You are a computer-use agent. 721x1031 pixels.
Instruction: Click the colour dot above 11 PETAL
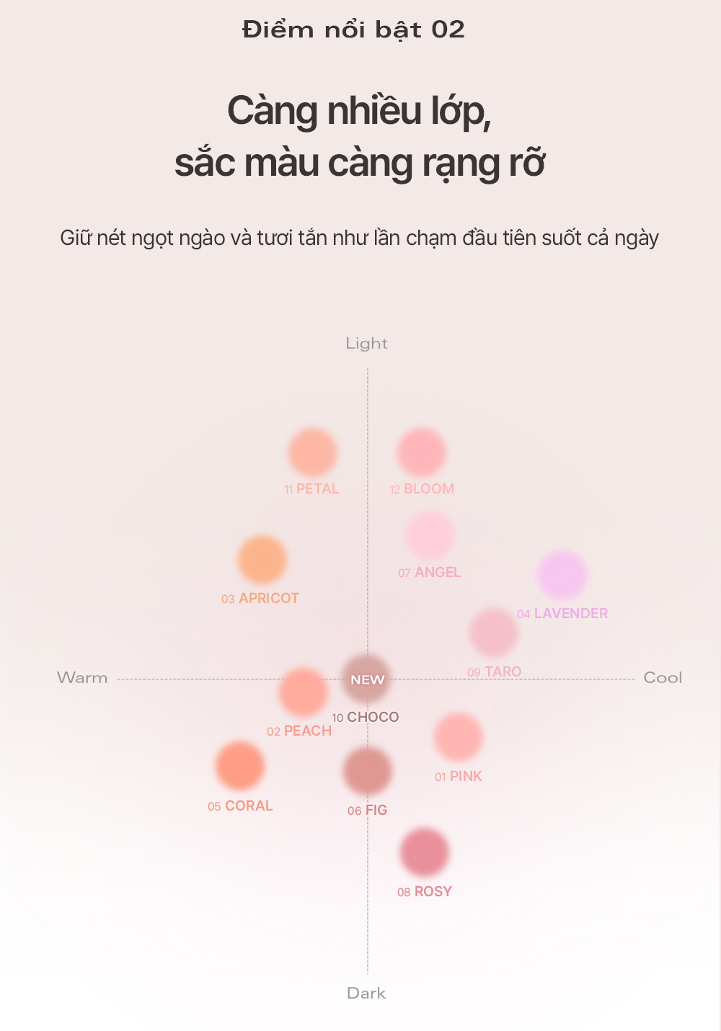tap(312, 452)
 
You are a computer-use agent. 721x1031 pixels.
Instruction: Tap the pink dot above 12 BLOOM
tap(421, 452)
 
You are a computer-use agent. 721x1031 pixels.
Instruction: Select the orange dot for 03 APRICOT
tap(262, 560)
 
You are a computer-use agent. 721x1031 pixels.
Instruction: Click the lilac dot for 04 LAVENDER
tap(562, 575)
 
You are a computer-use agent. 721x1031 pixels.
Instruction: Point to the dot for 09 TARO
tap(493, 633)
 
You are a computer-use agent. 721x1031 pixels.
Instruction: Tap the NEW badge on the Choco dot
tap(367, 679)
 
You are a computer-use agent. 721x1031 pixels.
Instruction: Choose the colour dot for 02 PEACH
tap(304, 692)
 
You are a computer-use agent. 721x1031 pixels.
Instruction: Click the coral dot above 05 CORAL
tap(239, 766)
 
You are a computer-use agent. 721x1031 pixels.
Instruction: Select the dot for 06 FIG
tap(368, 771)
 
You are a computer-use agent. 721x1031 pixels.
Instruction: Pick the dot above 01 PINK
tap(459, 737)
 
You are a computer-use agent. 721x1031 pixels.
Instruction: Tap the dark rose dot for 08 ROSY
tap(425, 852)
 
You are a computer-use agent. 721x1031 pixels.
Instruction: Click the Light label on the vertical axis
tap(366, 344)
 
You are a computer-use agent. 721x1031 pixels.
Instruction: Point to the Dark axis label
tap(366, 993)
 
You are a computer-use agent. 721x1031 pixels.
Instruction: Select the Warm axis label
tap(82, 678)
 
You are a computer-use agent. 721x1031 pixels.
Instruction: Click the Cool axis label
tap(663, 678)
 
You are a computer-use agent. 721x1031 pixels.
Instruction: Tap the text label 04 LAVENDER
tap(562, 614)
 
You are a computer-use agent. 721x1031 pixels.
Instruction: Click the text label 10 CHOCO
tap(366, 718)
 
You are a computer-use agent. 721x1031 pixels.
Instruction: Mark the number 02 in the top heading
tap(448, 30)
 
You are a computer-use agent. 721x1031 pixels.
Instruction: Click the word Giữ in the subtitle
tap(75, 238)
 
